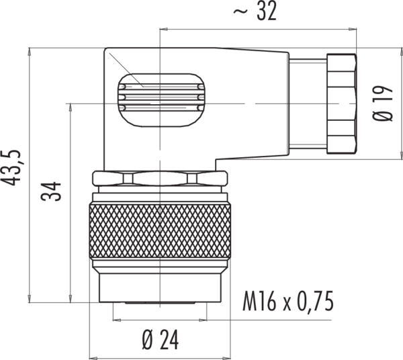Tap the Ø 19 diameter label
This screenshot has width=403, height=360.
pos(385,103)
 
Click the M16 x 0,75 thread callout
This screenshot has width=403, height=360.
pos(288,302)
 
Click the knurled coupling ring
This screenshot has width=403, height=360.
pos(160,229)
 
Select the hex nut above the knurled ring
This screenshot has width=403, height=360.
pos(160,179)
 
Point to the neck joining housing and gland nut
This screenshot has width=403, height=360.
pos(307,102)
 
